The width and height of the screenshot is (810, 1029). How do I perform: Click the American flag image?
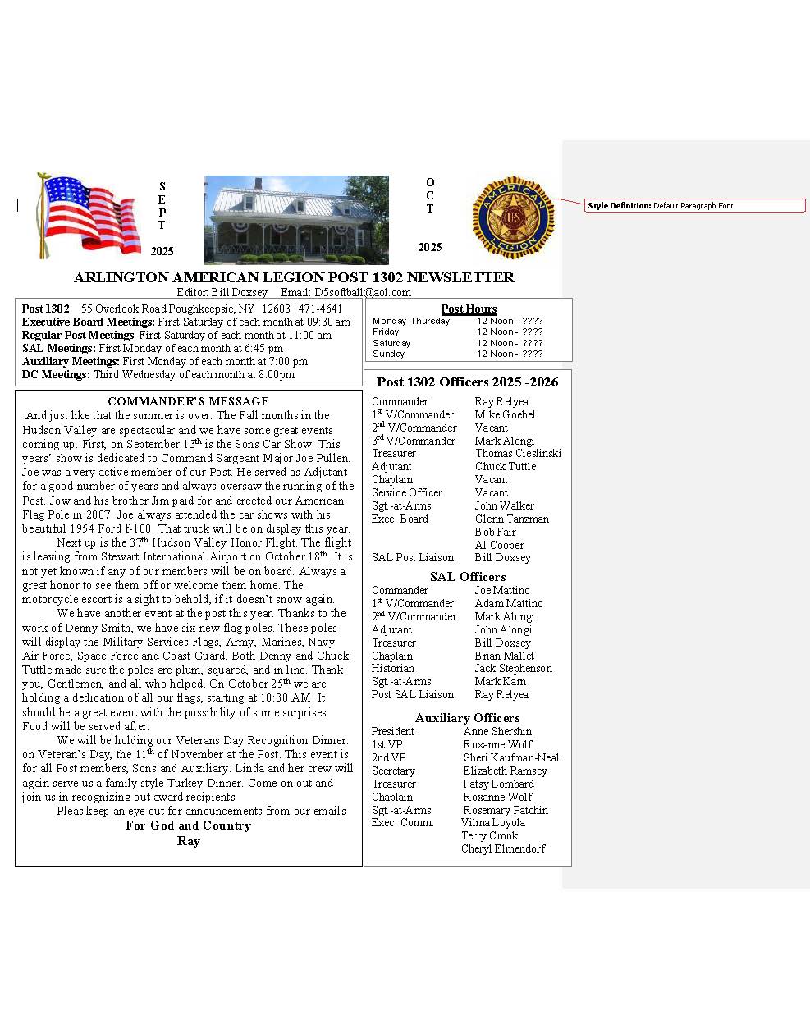[89, 215]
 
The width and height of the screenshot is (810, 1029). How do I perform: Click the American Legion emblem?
[513, 217]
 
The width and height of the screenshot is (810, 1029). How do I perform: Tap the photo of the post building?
[295, 219]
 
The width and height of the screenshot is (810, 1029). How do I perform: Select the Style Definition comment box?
[695, 206]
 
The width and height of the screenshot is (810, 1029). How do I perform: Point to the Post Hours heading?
[469, 309]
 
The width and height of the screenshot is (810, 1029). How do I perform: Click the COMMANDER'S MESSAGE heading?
[188, 401]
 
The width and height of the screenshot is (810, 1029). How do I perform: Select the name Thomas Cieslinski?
[518, 454]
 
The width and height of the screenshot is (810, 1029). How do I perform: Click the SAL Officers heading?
[468, 577]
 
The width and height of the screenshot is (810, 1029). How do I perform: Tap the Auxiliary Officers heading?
[467, 718]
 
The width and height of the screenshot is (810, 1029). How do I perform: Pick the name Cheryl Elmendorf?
[503, 849]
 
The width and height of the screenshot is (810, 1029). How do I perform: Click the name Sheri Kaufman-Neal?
[511, 758]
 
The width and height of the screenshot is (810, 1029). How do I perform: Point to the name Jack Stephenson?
[513, 669]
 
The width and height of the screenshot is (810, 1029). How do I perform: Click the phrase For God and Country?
[188, 825]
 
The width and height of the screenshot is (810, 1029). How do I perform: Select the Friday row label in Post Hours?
[386, 332]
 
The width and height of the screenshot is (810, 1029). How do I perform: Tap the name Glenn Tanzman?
[511, 519]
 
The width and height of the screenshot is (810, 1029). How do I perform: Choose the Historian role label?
[393, 669]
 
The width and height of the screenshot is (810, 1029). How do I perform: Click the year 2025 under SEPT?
[162, 251]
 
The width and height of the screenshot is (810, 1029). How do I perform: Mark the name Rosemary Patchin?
[506, 811]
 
